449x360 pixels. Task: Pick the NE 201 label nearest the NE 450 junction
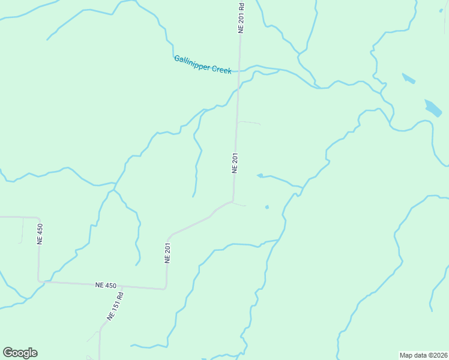pos(168,252)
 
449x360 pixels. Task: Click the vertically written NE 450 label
pos(40,233)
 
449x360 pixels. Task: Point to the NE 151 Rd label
pos(115,305)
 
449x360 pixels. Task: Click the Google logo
pos(20,353)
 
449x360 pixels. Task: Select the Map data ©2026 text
pos(423,355)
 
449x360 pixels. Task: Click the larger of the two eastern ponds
pos(433,107)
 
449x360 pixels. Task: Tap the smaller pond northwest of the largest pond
pos(408,78)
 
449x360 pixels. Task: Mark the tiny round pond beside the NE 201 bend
pos(267,208)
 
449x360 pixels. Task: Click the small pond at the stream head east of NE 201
pos(260,176)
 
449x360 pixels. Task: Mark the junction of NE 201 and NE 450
pos(166,289)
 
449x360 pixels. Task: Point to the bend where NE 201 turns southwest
pos(233,202)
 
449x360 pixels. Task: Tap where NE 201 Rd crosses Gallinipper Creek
pos(239,71)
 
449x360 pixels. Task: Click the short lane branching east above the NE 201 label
pos(249,123)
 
